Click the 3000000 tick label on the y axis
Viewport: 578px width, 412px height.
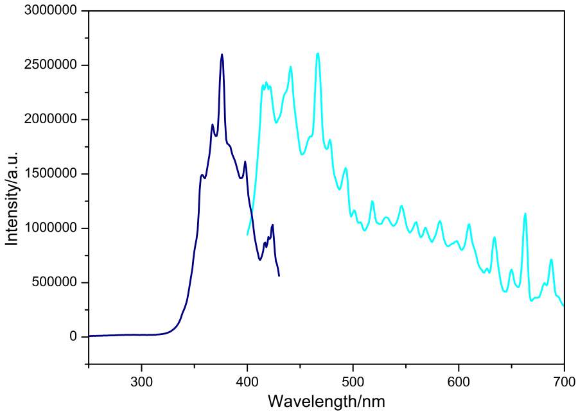tap(51, 11)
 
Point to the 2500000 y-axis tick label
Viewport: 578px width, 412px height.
tap(51, 65)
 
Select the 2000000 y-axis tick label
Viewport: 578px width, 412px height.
tap(51, 119)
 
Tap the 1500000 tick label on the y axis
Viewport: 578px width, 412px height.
tap(51, 174)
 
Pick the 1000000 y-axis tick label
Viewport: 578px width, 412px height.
tap(51, 228)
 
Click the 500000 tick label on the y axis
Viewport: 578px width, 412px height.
tap(55, 282)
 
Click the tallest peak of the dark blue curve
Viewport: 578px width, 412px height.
tap(222, 55)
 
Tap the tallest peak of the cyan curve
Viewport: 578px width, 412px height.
tap(318, 53)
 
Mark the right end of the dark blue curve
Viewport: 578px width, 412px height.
tap(279, 276)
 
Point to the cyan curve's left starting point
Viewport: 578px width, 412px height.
tap(247, 235)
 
